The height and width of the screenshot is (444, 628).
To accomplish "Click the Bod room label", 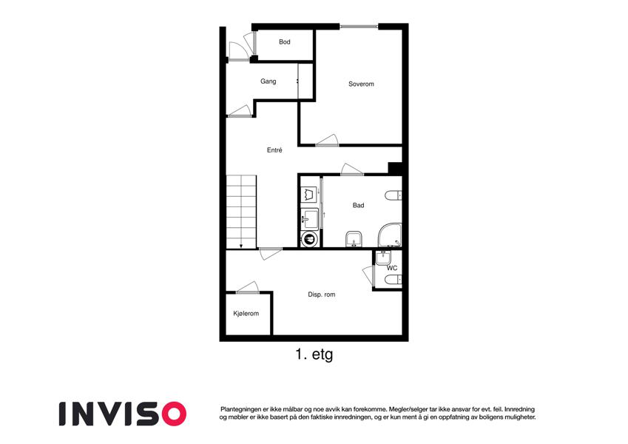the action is pyautogui.click(x=284, y=41).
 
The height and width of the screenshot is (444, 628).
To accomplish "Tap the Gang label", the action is pyautogui.click(x=268, y=81).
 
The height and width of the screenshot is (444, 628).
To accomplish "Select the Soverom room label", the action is pyautogui.click(x=361, y=84).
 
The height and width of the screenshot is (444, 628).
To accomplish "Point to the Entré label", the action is pyautogui.click(x=274, y=150).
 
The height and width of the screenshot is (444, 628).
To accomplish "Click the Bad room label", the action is pyautogui.click(x=358, y=205).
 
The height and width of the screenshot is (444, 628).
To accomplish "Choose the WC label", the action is pyautogui.click(x=392, y=268).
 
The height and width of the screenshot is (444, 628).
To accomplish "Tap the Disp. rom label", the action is pyautogui.click(x=321, y=294).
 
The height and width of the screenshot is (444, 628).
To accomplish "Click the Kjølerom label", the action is pyautogui.click(x=246, y=313).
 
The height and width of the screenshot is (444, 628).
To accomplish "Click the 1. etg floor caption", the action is pyautogui.click(x=314, y=354).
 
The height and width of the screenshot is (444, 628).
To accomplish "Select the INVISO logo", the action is pyautogui.click(x=123, y=414).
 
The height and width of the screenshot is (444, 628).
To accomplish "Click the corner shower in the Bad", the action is pyautogui.click(x=390, y=235).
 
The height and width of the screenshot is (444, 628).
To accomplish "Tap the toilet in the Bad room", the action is pyautogui.click(x=394, y=195).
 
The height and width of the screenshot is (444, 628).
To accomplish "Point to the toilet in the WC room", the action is pyautogui.click(x=394, y=279).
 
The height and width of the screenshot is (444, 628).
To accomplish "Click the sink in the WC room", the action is pyautogui.click(x=384, y=258).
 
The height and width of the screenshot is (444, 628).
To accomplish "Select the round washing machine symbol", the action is pyautogui.click(x=309, y=240).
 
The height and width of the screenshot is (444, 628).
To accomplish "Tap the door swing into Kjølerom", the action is pyautogui.click(x=249, y=286).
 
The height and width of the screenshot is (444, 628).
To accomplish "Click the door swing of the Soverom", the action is pyautogui.click(x=328, y=140).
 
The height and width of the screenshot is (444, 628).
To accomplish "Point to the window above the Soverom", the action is pyautogui.click(x=359, y=27).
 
